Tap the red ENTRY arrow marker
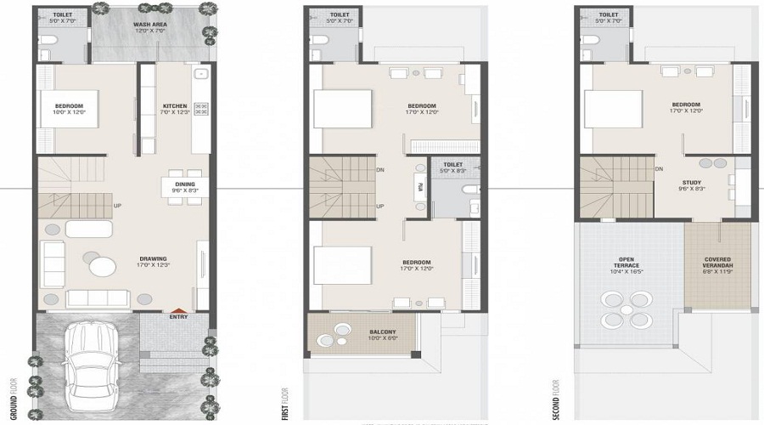178,312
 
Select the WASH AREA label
149,25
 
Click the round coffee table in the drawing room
103,267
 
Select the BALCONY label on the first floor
384,331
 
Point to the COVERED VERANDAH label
717,262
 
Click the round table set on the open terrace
622,309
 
